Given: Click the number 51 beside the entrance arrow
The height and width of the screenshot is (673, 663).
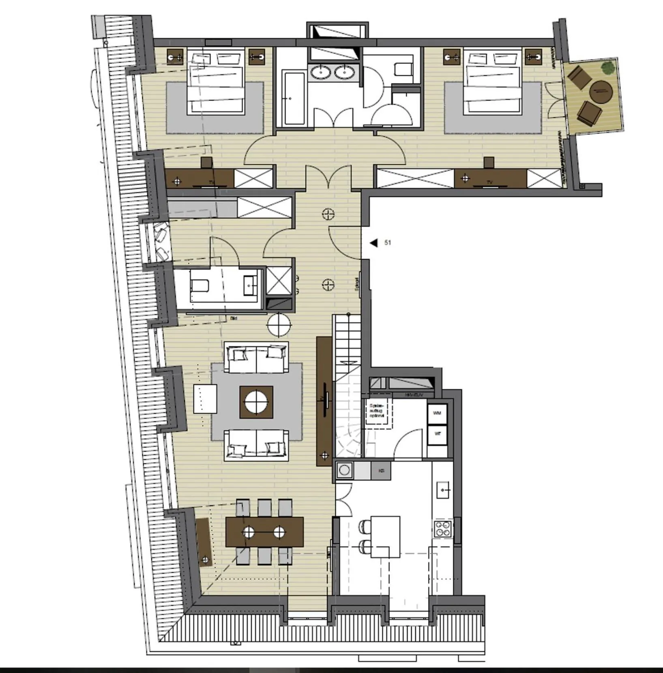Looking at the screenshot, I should (x=388, y=243).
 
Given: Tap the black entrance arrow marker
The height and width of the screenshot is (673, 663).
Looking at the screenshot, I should (x=373, y=243).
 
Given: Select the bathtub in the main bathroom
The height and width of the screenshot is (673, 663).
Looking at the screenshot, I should (x=294, y=98).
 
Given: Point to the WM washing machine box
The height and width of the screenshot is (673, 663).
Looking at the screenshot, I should (x=437, y=413).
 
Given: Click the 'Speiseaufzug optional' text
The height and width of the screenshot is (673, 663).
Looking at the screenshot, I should (x=377, y=411).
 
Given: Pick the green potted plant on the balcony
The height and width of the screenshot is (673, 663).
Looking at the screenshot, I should (x=607, y=67).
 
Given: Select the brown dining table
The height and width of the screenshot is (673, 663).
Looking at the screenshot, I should (x=264, y=532).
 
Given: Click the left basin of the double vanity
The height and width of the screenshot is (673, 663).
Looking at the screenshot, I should (x=321, y=73).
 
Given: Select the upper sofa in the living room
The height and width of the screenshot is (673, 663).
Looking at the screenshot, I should (x=256, y=357).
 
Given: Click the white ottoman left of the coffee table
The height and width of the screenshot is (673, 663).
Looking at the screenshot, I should (x=205, y=399).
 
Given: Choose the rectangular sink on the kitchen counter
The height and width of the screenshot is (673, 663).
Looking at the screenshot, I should (x=443, y=490).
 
